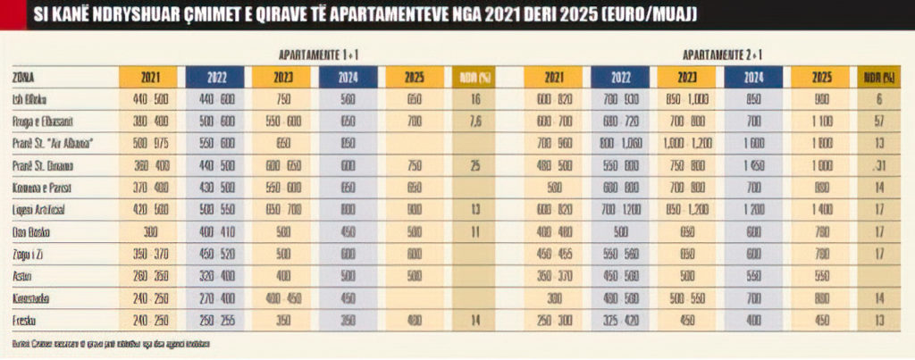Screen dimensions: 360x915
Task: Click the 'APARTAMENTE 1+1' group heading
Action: [x=318, y=54]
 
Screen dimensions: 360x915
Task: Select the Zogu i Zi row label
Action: [x=27, y=254]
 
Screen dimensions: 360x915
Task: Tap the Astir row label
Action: [x=23, y=275]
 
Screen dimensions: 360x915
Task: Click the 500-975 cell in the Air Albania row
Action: [x=150, y=143]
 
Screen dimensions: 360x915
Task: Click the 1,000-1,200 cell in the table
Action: [x=689, y=143]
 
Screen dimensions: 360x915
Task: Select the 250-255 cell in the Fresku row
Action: [x=217, y=319]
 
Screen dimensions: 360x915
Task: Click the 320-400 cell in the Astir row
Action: [x=217, y=275]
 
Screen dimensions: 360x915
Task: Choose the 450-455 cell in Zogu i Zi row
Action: [x=555, y=254]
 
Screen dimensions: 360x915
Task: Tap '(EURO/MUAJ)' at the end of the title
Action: [x=649, y=15]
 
